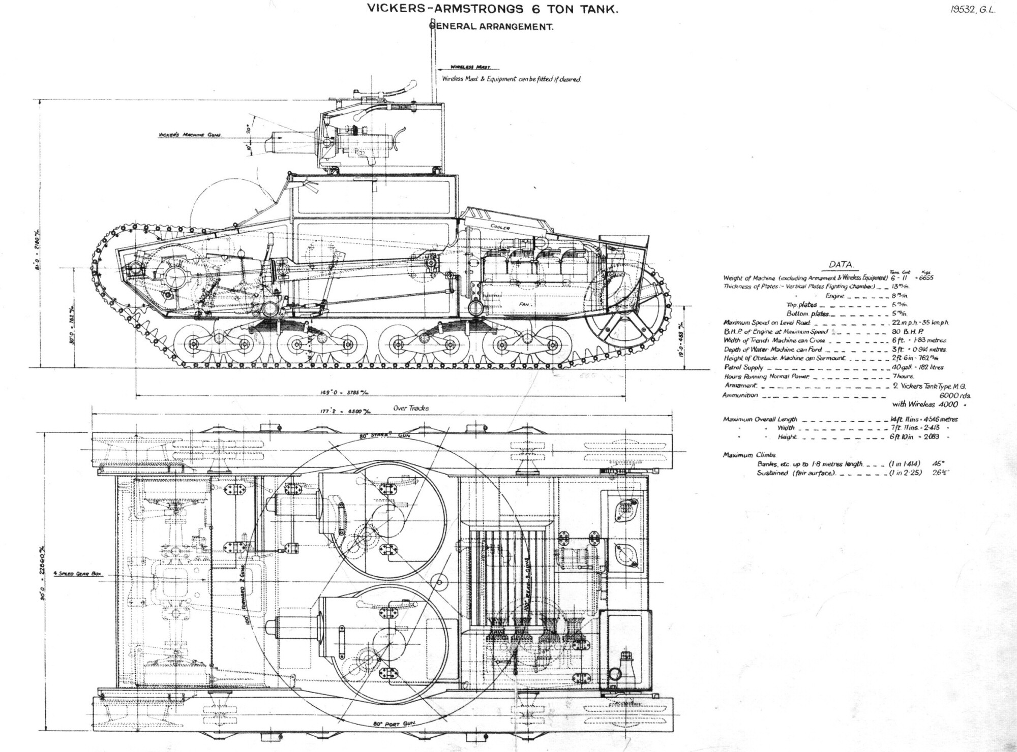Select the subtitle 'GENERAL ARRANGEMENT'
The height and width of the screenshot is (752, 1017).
[492, 27]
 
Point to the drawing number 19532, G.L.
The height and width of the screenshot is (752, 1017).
[972, 11]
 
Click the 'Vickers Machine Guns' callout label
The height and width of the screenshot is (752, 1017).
[190, 135]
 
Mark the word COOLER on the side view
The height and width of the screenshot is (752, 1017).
[500, 227]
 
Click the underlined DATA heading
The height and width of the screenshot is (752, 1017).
[842, 265]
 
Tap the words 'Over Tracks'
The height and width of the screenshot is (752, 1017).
[411, 408]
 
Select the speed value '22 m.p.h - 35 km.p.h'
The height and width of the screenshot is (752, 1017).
[920, 323]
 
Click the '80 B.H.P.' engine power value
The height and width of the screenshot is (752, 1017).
[908, 331]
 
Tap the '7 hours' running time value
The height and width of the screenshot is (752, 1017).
[903, 377]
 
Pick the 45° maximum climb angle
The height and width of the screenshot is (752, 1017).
[937, 464]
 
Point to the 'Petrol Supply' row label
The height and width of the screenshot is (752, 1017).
[743, 367]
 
